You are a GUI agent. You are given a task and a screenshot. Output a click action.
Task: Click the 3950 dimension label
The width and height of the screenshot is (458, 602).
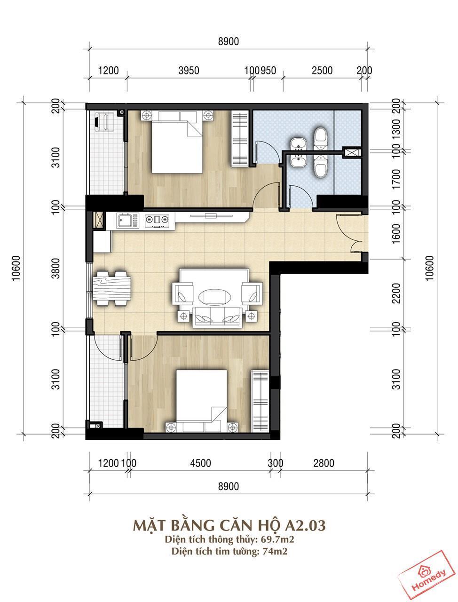[x=189, y=71]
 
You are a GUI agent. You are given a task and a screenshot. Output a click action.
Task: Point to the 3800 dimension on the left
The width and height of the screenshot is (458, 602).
[x=55, y=268]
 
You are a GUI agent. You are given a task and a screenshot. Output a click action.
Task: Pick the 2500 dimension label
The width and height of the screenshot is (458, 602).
[x=322, y=71]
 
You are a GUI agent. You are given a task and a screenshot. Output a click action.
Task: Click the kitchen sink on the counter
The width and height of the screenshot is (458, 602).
[x=125, y=221]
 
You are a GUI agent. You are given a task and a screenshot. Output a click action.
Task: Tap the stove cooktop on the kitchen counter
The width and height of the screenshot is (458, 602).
[x=157, y=220]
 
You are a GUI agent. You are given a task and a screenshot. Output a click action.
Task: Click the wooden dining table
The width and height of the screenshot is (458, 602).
[x=112, y=288]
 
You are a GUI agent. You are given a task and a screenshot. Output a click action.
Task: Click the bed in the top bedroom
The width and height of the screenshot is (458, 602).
[x=177, y=142]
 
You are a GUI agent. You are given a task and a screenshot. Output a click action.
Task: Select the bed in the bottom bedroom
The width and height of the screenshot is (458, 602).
[x=202, y=401]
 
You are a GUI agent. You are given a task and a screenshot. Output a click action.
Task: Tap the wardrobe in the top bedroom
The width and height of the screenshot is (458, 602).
[x=239, y=138]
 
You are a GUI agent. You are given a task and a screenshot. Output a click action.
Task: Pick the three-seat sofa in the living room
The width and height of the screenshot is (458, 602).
[x=217, y=317]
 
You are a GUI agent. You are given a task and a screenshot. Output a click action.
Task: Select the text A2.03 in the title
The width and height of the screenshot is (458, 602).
[x=305, y=525]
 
